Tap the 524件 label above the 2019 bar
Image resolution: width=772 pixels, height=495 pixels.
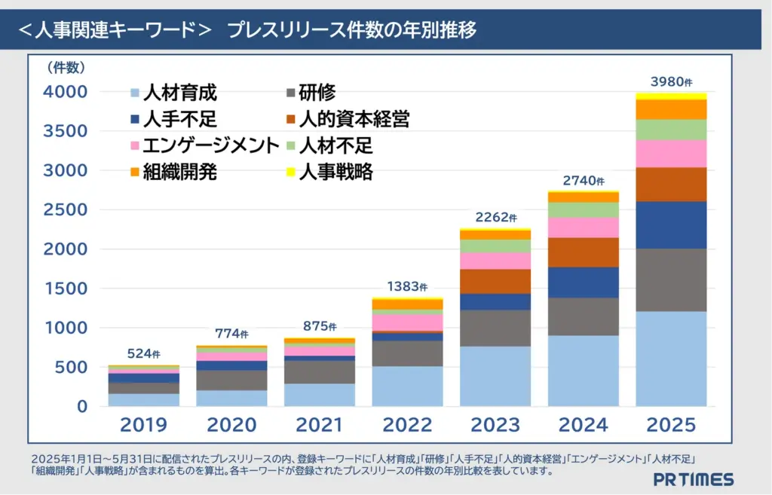(x=144, y=353)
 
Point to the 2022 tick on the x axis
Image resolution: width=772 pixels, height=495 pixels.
(x=407, y=425)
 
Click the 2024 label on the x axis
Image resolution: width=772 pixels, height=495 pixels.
(x=583, y=425)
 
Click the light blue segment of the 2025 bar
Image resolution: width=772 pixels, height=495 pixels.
(x=671, y=359)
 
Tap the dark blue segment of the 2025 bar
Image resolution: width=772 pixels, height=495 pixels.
(x=671, y=225)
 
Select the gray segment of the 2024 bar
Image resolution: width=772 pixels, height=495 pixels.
(x=583, y=316)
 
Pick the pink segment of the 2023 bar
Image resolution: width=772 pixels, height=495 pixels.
(x=495, y=261)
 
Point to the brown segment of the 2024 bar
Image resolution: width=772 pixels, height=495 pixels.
(x=583, y=252)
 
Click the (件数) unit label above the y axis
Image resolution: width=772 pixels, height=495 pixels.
(x=66, y=68)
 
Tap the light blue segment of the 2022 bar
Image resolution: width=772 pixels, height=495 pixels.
(x=407, y=386)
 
